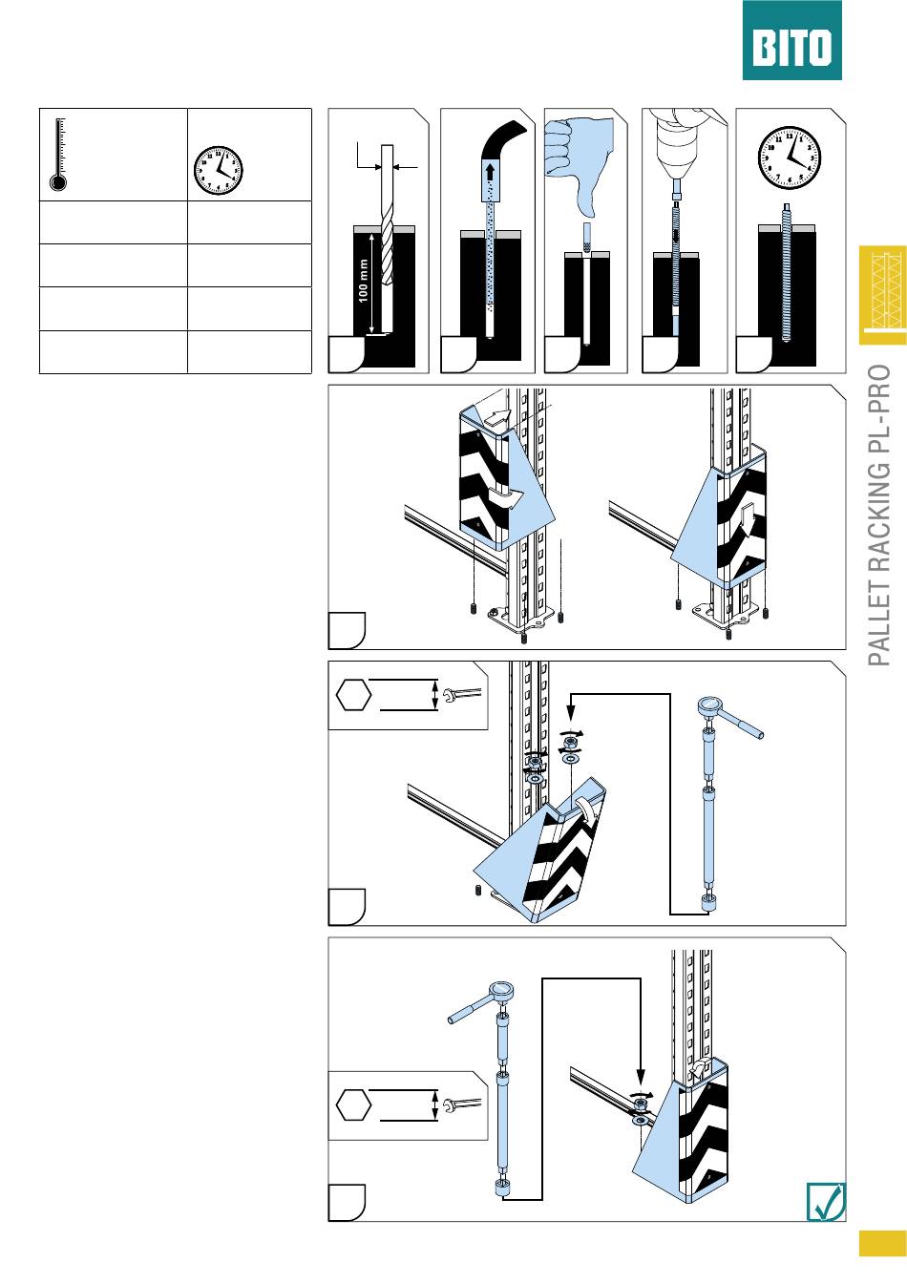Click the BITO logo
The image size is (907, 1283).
tap(791, 40)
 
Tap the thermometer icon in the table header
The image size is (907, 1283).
tap(58, 155)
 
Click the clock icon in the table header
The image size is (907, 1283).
tap(219, 170)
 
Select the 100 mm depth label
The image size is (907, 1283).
tap(363, 281)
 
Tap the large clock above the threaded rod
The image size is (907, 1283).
tap(790, 158)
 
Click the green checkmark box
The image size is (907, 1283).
tap(826, 1202)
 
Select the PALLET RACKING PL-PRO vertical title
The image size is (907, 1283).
tap(879, 515)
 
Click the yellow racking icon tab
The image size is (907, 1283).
tap(882, 295)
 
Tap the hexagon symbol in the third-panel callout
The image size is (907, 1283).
tap(353, 695)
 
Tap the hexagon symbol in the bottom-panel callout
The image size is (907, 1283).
tap(353, 1104)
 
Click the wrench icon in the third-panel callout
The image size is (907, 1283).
tap(462, 695)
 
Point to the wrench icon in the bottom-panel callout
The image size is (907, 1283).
tap(462, 1104)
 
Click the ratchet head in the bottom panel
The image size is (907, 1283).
tap(501, 990)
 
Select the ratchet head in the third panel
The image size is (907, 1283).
tap(710, 705)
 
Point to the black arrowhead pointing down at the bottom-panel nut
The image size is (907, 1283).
tap(641, 1078)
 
